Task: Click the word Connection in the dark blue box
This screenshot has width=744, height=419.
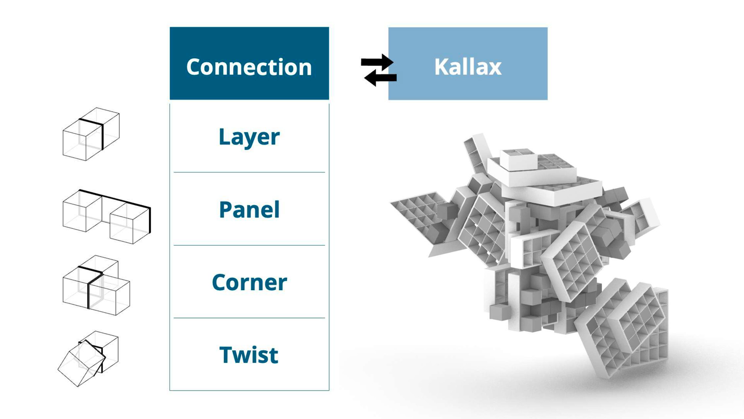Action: click(249, 67)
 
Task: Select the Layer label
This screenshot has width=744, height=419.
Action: click(249, 137)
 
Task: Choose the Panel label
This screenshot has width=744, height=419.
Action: click(249, 209)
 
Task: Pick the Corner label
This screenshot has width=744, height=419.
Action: click(250, 282)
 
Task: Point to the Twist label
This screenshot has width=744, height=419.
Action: click(249, 355)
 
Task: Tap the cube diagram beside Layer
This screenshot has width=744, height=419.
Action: click(91, 134)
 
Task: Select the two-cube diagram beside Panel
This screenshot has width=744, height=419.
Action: click(107, 216)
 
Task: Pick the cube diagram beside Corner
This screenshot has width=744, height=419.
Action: click(96, 285)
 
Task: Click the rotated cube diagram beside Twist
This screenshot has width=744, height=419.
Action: click(88, 359)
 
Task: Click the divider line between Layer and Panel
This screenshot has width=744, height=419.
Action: click(249, 172)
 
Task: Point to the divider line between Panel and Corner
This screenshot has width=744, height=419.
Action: click(249, 245)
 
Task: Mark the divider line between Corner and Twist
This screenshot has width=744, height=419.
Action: click(249, 318)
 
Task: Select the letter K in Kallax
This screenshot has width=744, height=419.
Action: click(441, 67)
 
